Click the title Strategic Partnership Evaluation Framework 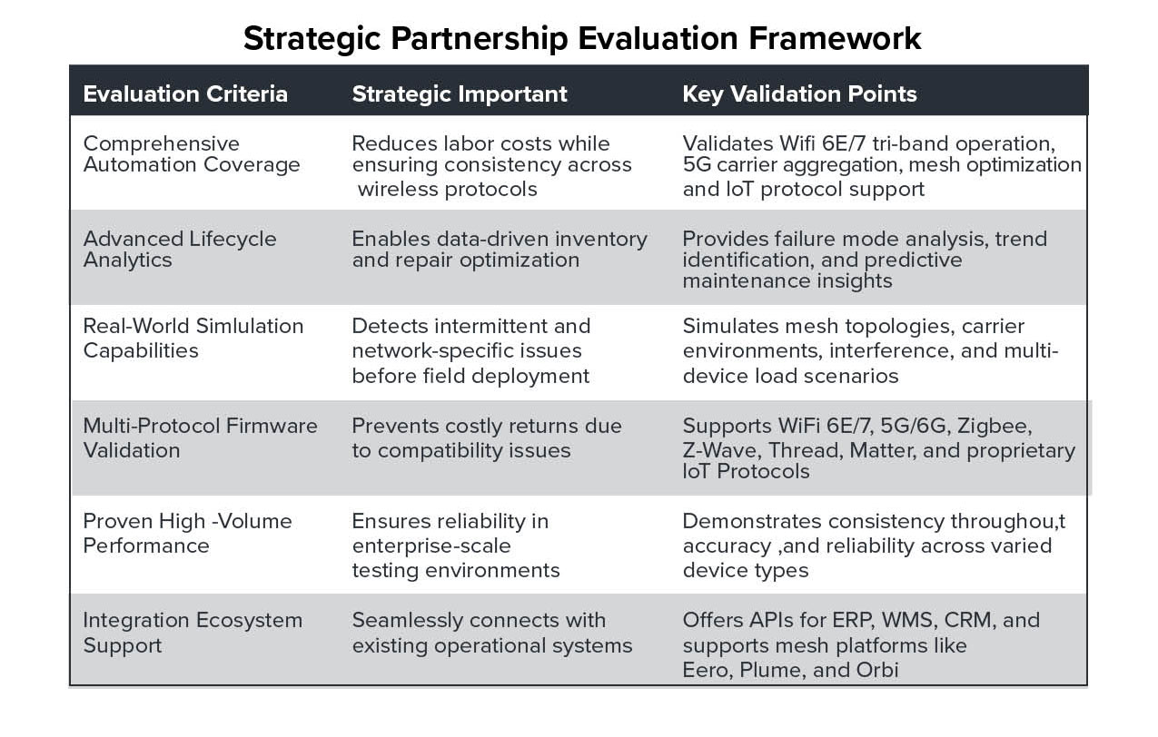(x=582, y=39)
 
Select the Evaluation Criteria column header (x=185, y=94)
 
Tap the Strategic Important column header (x=460, y=94)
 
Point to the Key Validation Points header (x=800, y=94)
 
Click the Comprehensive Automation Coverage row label (x=192, y=154)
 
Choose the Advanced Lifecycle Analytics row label (x=180, y=250)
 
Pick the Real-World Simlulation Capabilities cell (x=193, y=339)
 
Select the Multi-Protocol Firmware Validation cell (x=200, y=438)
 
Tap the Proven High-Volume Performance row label (x=188, y=534)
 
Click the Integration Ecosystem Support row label (x=193, y=633)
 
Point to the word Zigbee (x=995, y=427)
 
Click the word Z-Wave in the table (x=722, y=450)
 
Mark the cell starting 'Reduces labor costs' (x=491, y=166)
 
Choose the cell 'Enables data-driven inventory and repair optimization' (x=500, y=250)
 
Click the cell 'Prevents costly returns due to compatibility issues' (x=487, y=438)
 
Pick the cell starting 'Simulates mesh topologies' (x=871, y=350)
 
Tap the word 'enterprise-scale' (x=431, y=545)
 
